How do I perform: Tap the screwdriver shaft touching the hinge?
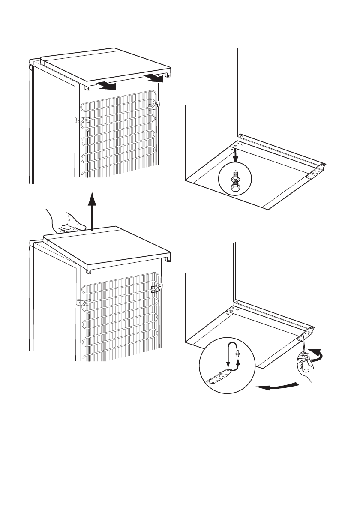[304, 342]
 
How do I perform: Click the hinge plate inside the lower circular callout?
[219, 377]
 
